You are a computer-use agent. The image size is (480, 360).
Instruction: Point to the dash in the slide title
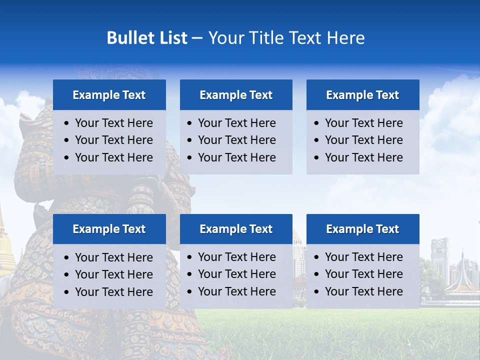[197, 38]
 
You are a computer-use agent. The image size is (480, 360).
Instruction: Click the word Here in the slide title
[345, 38]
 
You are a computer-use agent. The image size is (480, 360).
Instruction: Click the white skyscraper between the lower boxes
[298, 255]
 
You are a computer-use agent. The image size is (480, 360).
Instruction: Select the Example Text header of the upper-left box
[109, 95]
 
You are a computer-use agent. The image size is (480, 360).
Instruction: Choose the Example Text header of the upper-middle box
[236, 95]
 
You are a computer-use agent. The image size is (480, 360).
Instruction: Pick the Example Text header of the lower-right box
[362, 229]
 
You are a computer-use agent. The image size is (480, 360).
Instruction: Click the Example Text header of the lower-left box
[109, 229]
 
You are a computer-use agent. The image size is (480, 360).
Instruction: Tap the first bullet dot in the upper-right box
[316, 123]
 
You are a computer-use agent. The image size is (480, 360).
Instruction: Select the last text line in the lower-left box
[113, 292]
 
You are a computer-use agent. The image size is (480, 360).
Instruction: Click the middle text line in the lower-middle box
[236, 274]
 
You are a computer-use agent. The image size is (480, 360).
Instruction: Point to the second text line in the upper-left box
[113, 140]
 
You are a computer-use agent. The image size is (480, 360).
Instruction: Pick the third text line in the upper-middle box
[236, 157]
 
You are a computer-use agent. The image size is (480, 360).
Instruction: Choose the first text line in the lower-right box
[363, 257]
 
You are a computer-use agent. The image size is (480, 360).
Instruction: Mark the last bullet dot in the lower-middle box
[189, 291]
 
